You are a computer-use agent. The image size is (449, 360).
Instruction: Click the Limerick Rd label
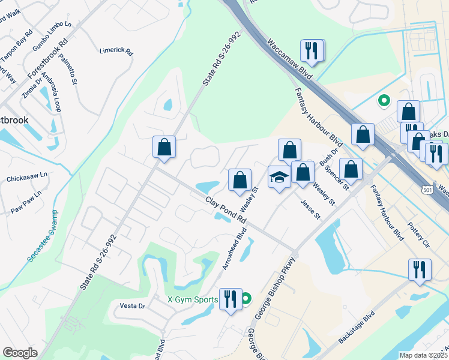116,52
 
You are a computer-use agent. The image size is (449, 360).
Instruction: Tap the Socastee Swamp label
43,236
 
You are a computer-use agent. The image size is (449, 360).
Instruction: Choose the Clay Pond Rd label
226,210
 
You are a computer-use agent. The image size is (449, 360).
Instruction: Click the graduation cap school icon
279,177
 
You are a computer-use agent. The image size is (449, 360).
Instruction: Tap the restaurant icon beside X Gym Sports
230,298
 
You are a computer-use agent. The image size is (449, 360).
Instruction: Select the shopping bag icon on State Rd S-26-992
164,147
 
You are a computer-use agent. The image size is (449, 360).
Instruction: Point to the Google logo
20,353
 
